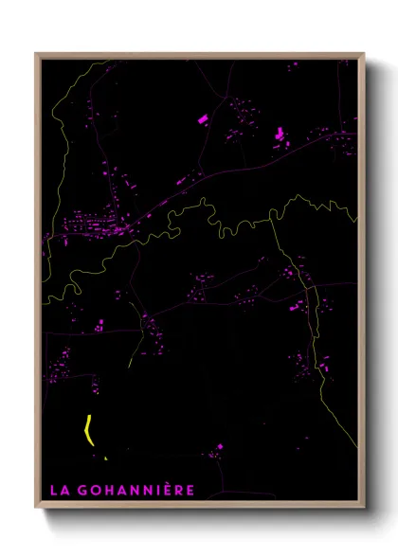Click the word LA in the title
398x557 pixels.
59,490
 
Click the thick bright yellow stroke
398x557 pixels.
88,429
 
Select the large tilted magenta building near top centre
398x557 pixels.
202,119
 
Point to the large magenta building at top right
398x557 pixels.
279,135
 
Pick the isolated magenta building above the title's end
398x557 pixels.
220,446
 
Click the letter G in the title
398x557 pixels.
82,490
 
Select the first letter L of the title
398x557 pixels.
53,490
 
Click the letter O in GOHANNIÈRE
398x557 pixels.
96,490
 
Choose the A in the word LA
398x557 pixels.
63,490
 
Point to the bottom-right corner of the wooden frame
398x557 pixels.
363,510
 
